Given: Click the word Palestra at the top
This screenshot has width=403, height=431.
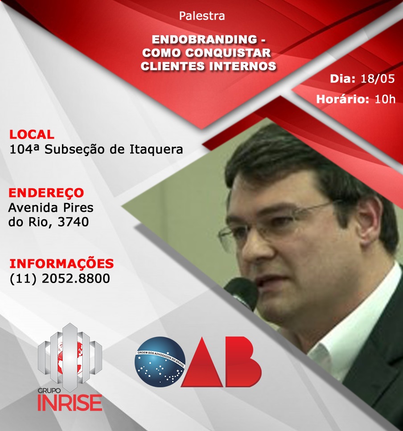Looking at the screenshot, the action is (x=202, y=16).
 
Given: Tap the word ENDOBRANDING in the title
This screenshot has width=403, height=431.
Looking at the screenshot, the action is (x=205, y=40).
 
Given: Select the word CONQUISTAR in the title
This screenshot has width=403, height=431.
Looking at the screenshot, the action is (x=228, y=53).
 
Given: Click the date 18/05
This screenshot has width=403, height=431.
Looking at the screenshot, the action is (x=378, y=79).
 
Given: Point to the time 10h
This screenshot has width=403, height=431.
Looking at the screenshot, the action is (x=385, y=99).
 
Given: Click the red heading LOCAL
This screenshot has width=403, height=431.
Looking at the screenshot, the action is (x=32, y=135).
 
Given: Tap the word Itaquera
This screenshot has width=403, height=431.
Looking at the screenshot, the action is (x=156, y=149).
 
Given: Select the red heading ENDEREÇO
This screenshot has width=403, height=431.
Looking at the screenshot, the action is (x=46, y=193).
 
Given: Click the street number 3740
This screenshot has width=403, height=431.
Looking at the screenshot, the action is (x=73, y=222).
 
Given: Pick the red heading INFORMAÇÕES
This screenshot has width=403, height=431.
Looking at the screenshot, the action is (x=62, y=263).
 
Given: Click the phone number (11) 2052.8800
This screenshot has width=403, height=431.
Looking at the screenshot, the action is (x=60, y=278).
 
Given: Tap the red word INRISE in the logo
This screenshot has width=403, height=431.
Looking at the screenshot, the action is (x=70, y=402).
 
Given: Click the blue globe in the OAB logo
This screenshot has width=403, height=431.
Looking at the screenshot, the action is (x=160, y=362).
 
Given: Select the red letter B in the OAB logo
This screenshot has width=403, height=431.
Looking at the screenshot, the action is (x=243, y=361).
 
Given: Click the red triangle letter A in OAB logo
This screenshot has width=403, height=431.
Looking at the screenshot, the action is (x=202, y=363).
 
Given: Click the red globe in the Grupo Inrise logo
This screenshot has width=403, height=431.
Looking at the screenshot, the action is (x=70, y=358).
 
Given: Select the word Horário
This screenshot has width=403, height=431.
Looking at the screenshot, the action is (x=342, y=99).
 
